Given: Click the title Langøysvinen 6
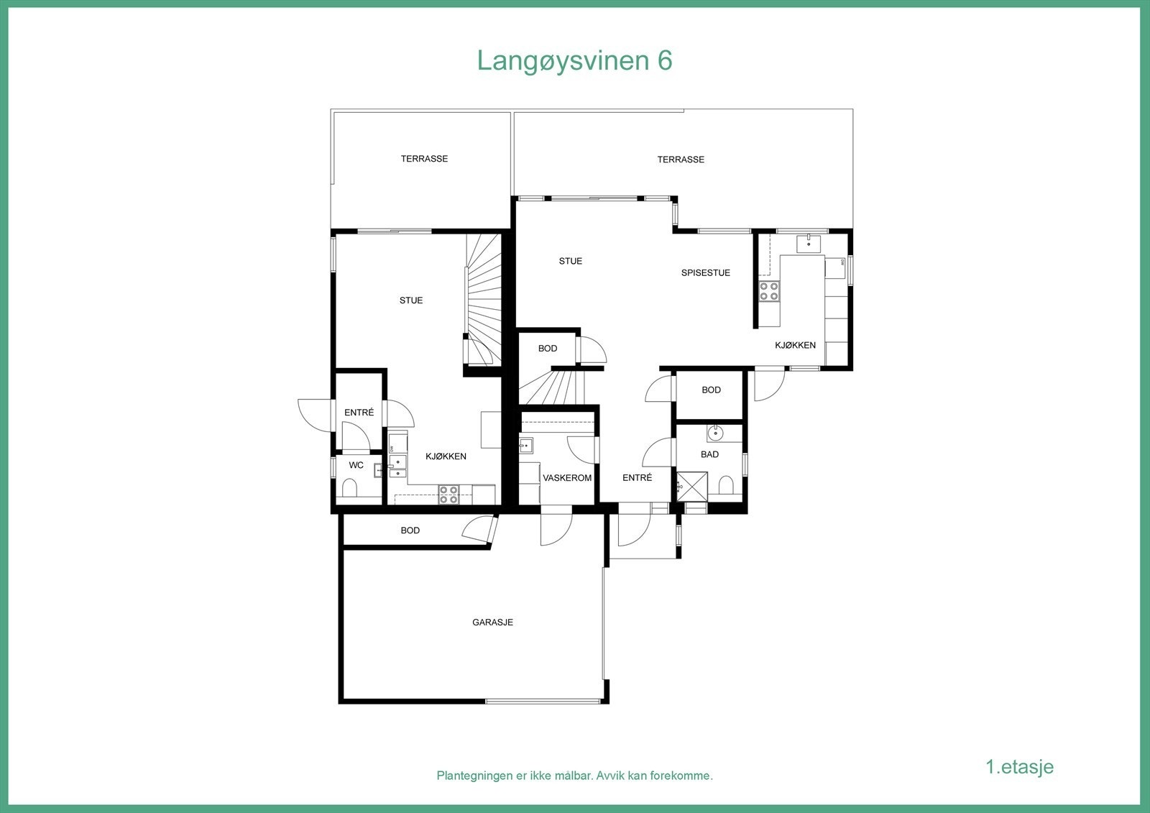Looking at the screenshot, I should click(574, 61).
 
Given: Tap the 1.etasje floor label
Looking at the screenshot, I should click(1019, 766).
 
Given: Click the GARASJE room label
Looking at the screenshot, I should click(492, 623).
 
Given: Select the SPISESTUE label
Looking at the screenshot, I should click(705, 273).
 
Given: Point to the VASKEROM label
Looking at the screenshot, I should click(567, 478).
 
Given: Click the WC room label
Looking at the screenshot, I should click(356, 465).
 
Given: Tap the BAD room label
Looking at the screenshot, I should click(709, 454).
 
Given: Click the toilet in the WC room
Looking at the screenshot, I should click(350, 490).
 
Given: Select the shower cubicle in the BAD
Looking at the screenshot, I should click(692, 486).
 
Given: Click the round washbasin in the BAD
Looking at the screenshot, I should click(715, 433).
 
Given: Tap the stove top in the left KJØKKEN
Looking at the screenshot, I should click(448, 494).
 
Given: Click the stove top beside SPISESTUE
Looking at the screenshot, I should click(769, 291).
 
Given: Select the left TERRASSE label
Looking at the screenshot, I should click(424, 159).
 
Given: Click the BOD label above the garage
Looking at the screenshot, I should click(410, 530).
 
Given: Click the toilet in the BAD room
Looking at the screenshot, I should click(725, 486).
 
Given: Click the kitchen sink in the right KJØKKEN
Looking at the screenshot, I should click(810, 244).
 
